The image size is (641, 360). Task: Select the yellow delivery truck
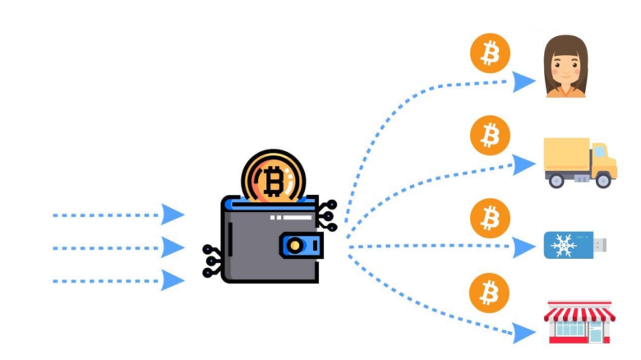579,161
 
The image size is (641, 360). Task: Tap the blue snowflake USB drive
574,245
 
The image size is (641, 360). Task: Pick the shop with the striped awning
579,321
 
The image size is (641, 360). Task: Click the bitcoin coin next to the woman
490,53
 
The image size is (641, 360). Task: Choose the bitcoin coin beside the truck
490,134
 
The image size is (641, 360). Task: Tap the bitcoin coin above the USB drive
490,219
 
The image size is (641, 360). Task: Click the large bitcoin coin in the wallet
273,179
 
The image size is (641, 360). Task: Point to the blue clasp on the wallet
300,244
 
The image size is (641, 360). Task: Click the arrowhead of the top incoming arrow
173,215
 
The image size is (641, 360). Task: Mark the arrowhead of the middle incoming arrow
173,247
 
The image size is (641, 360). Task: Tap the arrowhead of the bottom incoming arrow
173,279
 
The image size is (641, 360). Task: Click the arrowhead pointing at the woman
524,81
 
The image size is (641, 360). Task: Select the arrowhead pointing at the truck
524,164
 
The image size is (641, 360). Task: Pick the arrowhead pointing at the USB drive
524,246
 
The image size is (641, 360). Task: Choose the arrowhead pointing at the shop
524,332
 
